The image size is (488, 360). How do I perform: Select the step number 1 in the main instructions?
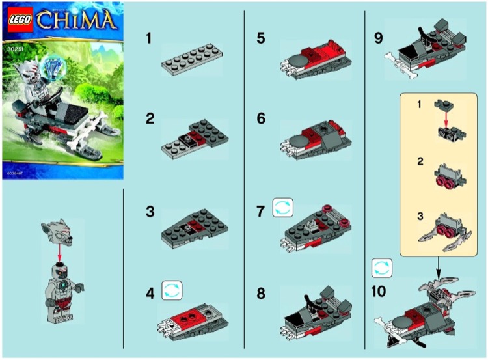[x=148, y=39]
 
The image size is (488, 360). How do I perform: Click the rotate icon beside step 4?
[x=171, y=289]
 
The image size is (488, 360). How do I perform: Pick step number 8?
[x=261, y=294]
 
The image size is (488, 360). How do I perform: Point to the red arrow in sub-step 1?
[x=444, y=116]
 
